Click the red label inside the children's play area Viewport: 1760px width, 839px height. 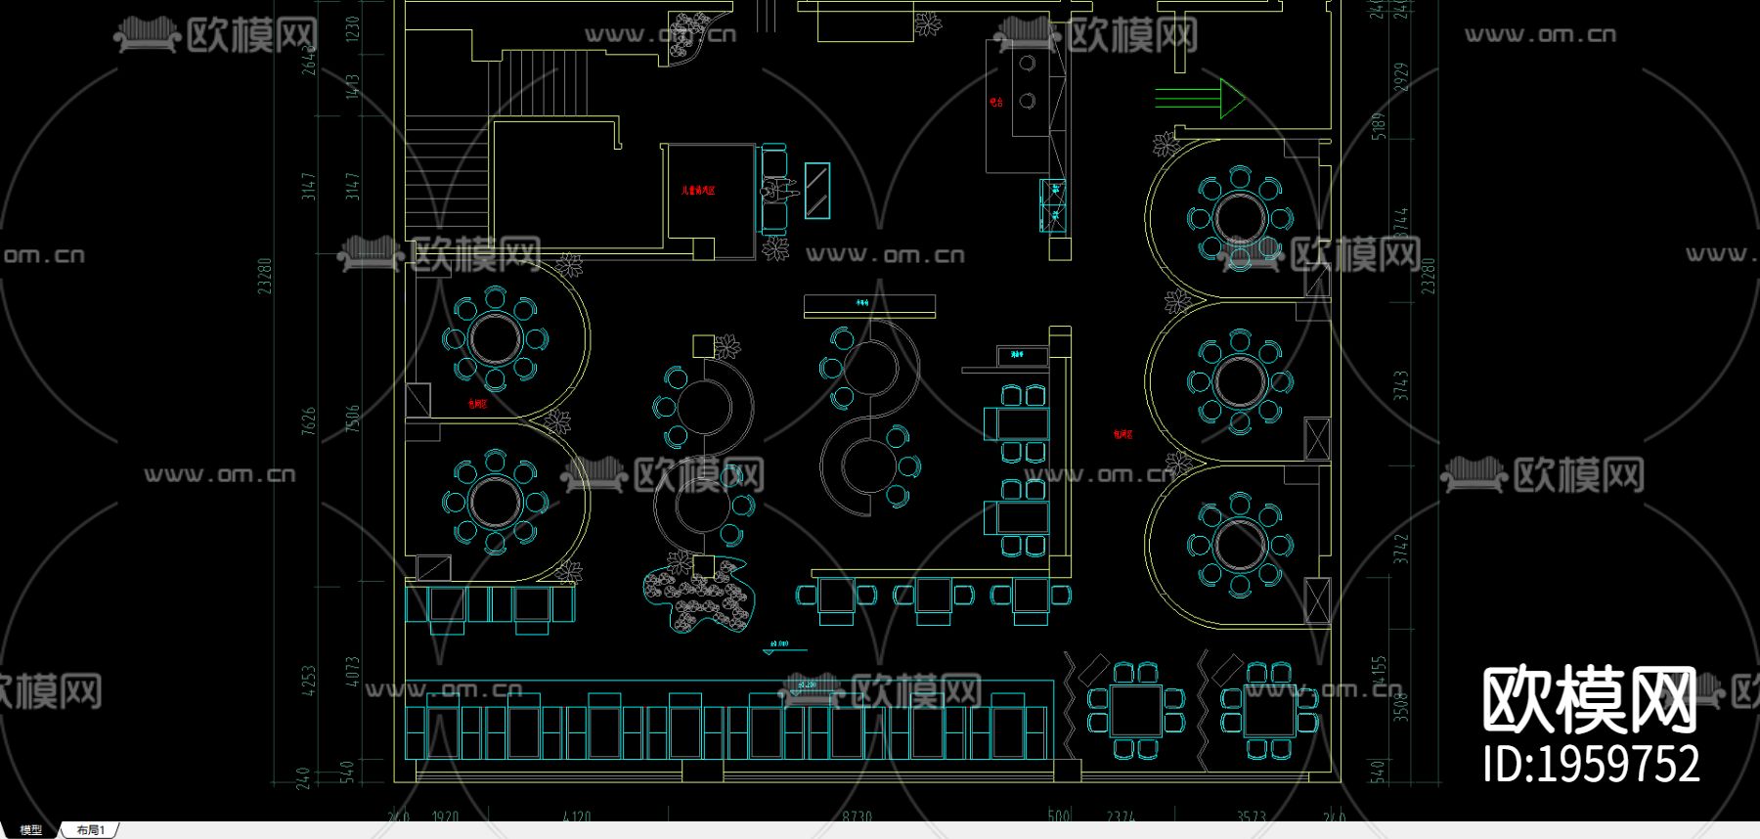point(698,190)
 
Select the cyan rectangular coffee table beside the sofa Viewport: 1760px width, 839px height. point(816,191)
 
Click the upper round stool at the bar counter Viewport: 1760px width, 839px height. point(1027,65)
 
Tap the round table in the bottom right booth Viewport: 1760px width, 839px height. point(1239,545)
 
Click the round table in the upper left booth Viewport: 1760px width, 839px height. point(496,338)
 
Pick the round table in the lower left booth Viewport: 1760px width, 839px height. point(496,501)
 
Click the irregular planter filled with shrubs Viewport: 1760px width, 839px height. point(699,593)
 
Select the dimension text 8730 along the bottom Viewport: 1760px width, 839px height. point(857,816)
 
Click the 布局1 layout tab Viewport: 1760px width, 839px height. point(90,830)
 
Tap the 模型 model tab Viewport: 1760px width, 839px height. point(31,830)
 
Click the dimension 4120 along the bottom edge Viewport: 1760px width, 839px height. point(577,816)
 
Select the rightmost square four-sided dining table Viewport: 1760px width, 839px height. point(1268,710)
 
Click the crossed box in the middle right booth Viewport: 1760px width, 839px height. point(1317,438)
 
